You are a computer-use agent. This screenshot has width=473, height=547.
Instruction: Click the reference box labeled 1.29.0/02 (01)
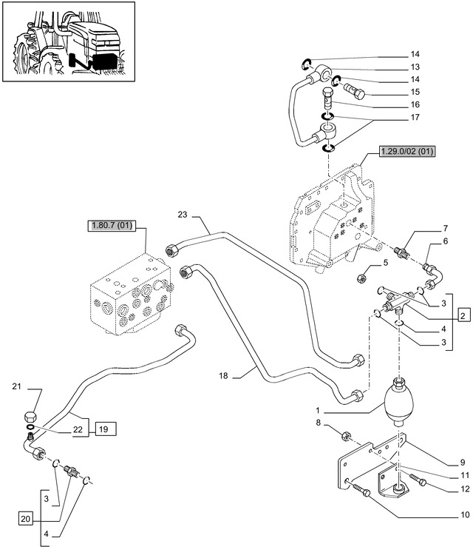[x=407, y=152]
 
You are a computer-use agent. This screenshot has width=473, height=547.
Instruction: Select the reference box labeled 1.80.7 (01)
[x=112, y=225]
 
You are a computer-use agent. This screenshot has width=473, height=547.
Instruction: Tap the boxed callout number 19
[x=103, y=429]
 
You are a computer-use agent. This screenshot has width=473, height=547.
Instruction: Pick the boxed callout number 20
[x=25, y=519]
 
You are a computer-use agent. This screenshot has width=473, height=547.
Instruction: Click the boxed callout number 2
[x=463, y=316]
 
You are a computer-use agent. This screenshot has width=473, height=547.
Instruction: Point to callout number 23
[x=183, y=215]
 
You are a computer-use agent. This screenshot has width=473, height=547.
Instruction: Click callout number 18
[x=223, y=375]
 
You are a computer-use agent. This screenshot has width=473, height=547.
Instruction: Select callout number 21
[x=17, y=386]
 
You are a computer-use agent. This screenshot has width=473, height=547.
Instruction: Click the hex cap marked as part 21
[x=30, y=417]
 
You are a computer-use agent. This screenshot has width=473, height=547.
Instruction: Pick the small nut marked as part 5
[x=361, y=278]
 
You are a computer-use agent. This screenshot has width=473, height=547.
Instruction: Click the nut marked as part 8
[x=346, y=436]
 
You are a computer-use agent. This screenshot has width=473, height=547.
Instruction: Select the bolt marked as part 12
[x=418, y=480]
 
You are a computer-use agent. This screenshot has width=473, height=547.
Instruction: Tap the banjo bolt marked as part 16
[x=327, y=99]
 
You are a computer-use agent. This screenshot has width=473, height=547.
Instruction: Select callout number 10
[x=465, y=514]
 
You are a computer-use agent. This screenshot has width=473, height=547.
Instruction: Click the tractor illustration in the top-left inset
[x=69, y=41]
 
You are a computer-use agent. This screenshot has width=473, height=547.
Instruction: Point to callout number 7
[x=446, y=229]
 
